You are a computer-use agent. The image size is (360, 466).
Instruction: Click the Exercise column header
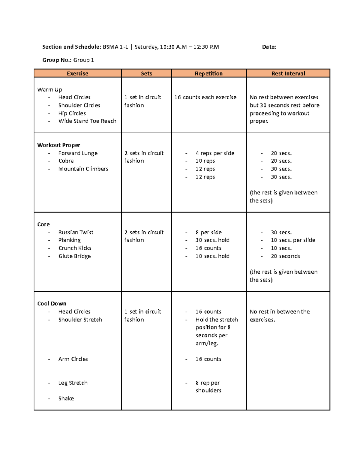pyautogui.click(x=77, y=74)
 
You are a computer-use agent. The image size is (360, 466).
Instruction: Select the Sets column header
pyautogui.click(x=146, y=74)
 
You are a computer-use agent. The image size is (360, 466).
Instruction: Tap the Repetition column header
pyautogui.click(x=208, y=74)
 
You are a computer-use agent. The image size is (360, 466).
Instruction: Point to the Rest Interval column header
pyautogui.click(x=288, y=74)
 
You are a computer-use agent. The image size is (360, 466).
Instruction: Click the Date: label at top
pyautogui.click(x=269, y=47)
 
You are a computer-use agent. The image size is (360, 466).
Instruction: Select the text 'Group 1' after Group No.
pyautogui.click(x=83, y=60)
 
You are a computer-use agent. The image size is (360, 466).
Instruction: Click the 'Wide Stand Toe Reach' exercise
pyautogui.click(x=87, y=121)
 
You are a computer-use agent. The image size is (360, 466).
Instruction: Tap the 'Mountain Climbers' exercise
pyautogui.click(x=83, y=169)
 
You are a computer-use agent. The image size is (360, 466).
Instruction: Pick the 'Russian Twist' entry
pyautogui.click(x=76, y=232)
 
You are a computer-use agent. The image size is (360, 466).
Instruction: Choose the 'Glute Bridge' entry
pyautogui.click(x=74, y=256)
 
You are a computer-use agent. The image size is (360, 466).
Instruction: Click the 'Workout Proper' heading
pyautogui.click(x=58, y=145)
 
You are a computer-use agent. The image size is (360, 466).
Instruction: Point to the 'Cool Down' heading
pyautogui.click(x=52, y=304)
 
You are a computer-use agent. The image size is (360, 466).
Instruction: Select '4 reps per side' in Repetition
pyautogui.click(x=215, y=153)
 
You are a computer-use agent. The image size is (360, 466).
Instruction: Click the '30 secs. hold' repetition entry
pyautogui.click(x=212, y=240)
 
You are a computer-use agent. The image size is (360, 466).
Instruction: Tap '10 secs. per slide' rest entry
pyautogui.click(x=293, y=240)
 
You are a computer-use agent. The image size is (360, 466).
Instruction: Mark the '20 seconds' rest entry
pyautogui.click(x=285, y=256)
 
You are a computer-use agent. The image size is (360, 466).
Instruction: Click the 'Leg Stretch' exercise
pyautogui.click(x=73, y=383)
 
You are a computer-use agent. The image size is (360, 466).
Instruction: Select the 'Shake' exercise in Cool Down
pyautogui.click(x=66, y=398)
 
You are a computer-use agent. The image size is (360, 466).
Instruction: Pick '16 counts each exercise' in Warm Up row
pyautogui.click(x=205, y=97)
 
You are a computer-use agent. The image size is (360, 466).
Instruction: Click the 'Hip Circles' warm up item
pyautogui.click(x=72, y=113)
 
